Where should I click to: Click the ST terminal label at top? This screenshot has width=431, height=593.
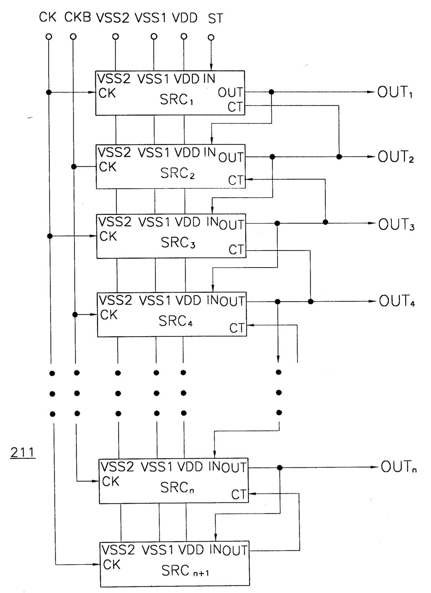pos(215,18)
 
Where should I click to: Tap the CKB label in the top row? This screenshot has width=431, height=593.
pos(78,17)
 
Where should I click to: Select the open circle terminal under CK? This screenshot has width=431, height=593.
pos(49,36)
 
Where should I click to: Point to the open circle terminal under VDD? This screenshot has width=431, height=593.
pos(184,36)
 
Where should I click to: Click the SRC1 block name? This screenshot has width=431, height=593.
pos(176,100)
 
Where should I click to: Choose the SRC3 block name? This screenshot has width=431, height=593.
pos(178,243)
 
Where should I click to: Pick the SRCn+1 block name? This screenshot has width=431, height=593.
pos(185,570)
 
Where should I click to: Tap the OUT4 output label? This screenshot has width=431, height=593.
pos(397,301)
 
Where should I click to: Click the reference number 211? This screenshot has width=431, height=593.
pos(23,452)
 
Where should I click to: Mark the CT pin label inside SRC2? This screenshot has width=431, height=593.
pos(236,180)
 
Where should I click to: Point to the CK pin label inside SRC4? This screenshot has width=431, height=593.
pos(109,315)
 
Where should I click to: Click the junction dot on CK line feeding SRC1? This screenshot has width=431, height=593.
pos(49,92)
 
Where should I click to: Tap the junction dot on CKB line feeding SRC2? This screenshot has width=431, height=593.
pos(74,167)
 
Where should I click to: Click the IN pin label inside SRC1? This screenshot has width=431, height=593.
pos(209,79)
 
